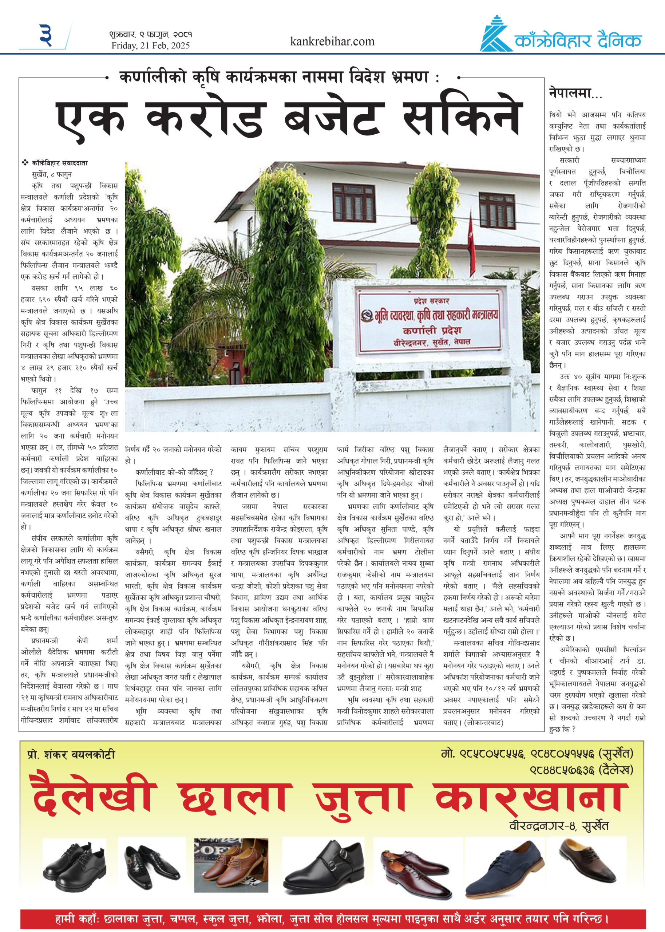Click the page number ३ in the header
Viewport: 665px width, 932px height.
pos(46,35)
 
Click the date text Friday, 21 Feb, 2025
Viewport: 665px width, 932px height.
pos(150,46)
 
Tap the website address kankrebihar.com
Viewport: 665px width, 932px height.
pos(332,42)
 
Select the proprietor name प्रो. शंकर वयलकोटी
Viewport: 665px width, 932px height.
pos(71,754)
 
